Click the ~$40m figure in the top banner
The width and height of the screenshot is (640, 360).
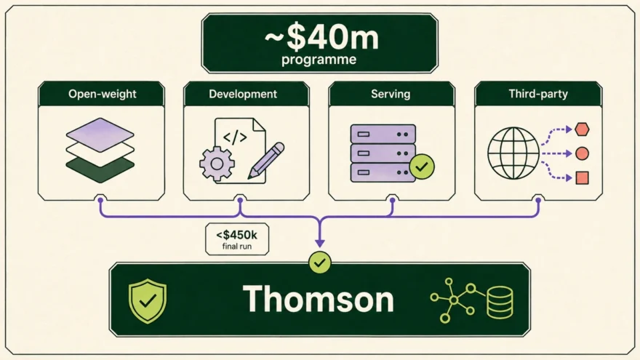pyautogui.click(x=321, y=38)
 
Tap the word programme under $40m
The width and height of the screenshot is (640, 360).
pyautogui.click(x=319, y=60)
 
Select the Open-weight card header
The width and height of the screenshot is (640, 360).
pyautogui.click(x=102, y=94)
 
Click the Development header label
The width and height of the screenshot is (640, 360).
pyautogui.click(x=243, y=94)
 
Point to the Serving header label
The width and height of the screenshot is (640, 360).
pyautogui.click(x=391, y=94)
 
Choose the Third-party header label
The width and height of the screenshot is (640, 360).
pyautogui.click(x=538, y=94)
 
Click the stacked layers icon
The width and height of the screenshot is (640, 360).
pyautogui.click(x=100, y=151)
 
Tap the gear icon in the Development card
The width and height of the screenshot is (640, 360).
pyautogui.click(x=217, y=164)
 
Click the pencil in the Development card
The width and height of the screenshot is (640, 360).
pyautogui.click(x=266, y=161)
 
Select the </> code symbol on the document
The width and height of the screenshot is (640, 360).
pyautogui.click(x=235, y=137)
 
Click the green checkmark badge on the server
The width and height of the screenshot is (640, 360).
pyautogui.click(x=422, y=167)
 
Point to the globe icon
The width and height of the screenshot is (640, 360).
pyautogui.click(x=513, y=153)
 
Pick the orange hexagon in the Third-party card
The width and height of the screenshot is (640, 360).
pyautogui.click(x=582, y=129)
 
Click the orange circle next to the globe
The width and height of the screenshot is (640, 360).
pyautogui.click(x=582, y=153)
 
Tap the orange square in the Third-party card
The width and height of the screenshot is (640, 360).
pyautogui.click(x=582, y=178)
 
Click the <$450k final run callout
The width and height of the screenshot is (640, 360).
pyautogui.click(x=237, y=239)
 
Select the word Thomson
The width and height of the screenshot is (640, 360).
pyautogui.click(x=319, y=299)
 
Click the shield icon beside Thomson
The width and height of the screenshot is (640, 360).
pyautogui.click(x=148, y=301)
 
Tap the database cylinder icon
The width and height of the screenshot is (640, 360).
pyautogui.click(x=500, y=303)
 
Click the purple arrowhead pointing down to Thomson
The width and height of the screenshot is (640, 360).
pyautogui.click(x=320, y=243)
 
